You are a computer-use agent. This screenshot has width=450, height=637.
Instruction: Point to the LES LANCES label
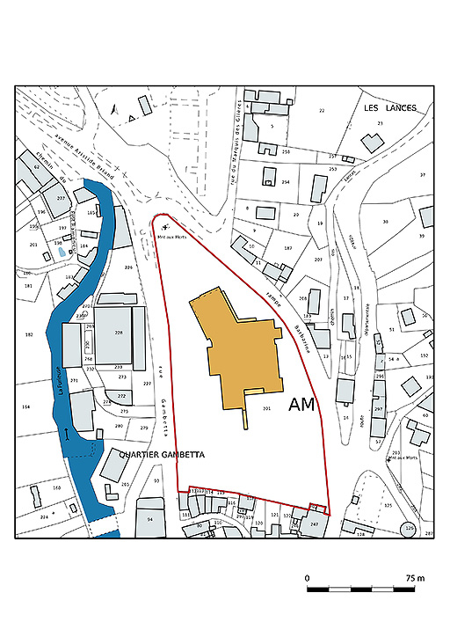(389, 108)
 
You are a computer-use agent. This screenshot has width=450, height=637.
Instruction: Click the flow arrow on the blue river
(68, 434)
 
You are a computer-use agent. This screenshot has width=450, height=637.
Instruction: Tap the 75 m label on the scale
(415, 578)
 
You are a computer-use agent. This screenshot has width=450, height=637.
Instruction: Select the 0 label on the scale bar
(308, 578)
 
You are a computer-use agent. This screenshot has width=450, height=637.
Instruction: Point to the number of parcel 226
(128, 267)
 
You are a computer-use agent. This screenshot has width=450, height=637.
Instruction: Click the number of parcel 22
(322, 110)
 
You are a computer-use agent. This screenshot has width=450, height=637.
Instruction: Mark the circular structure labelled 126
(408, 529)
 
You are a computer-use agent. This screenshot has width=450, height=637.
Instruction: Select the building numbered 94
(150, 519)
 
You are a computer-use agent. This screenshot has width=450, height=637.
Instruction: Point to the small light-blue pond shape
(60, 252)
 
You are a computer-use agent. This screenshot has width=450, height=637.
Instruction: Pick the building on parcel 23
(370, 141)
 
